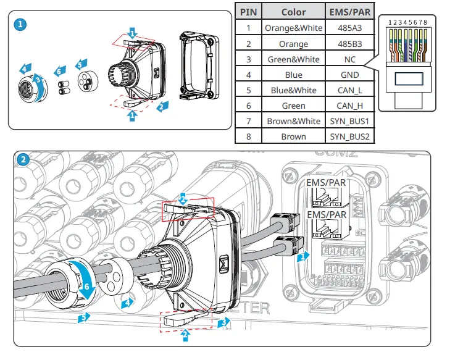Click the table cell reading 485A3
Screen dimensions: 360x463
point(349,28)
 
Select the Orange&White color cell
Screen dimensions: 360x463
point(293,28)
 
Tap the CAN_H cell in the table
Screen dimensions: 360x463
point(349,106)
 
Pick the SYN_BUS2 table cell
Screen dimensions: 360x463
point(349,136)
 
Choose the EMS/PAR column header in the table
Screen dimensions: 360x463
point(349,12)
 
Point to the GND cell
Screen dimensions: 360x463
point(349,75)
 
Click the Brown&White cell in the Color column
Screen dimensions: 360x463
point(293,121)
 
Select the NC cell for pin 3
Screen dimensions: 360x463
point(349,59)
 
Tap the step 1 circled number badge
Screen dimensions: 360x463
point(20,25)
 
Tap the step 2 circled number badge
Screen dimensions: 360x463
point(23,159)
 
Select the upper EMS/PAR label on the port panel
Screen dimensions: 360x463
point(326,183)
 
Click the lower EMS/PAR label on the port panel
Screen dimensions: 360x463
point(326,214)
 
